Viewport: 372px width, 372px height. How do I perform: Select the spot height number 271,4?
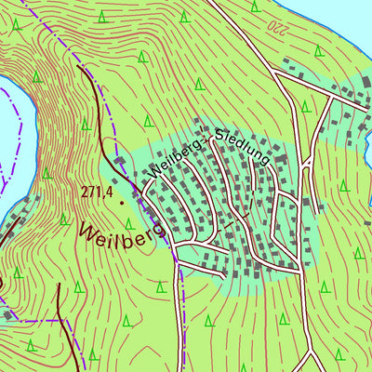click(x=97, y=193)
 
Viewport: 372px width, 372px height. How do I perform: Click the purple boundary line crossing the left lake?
click(x=9, y=172)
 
